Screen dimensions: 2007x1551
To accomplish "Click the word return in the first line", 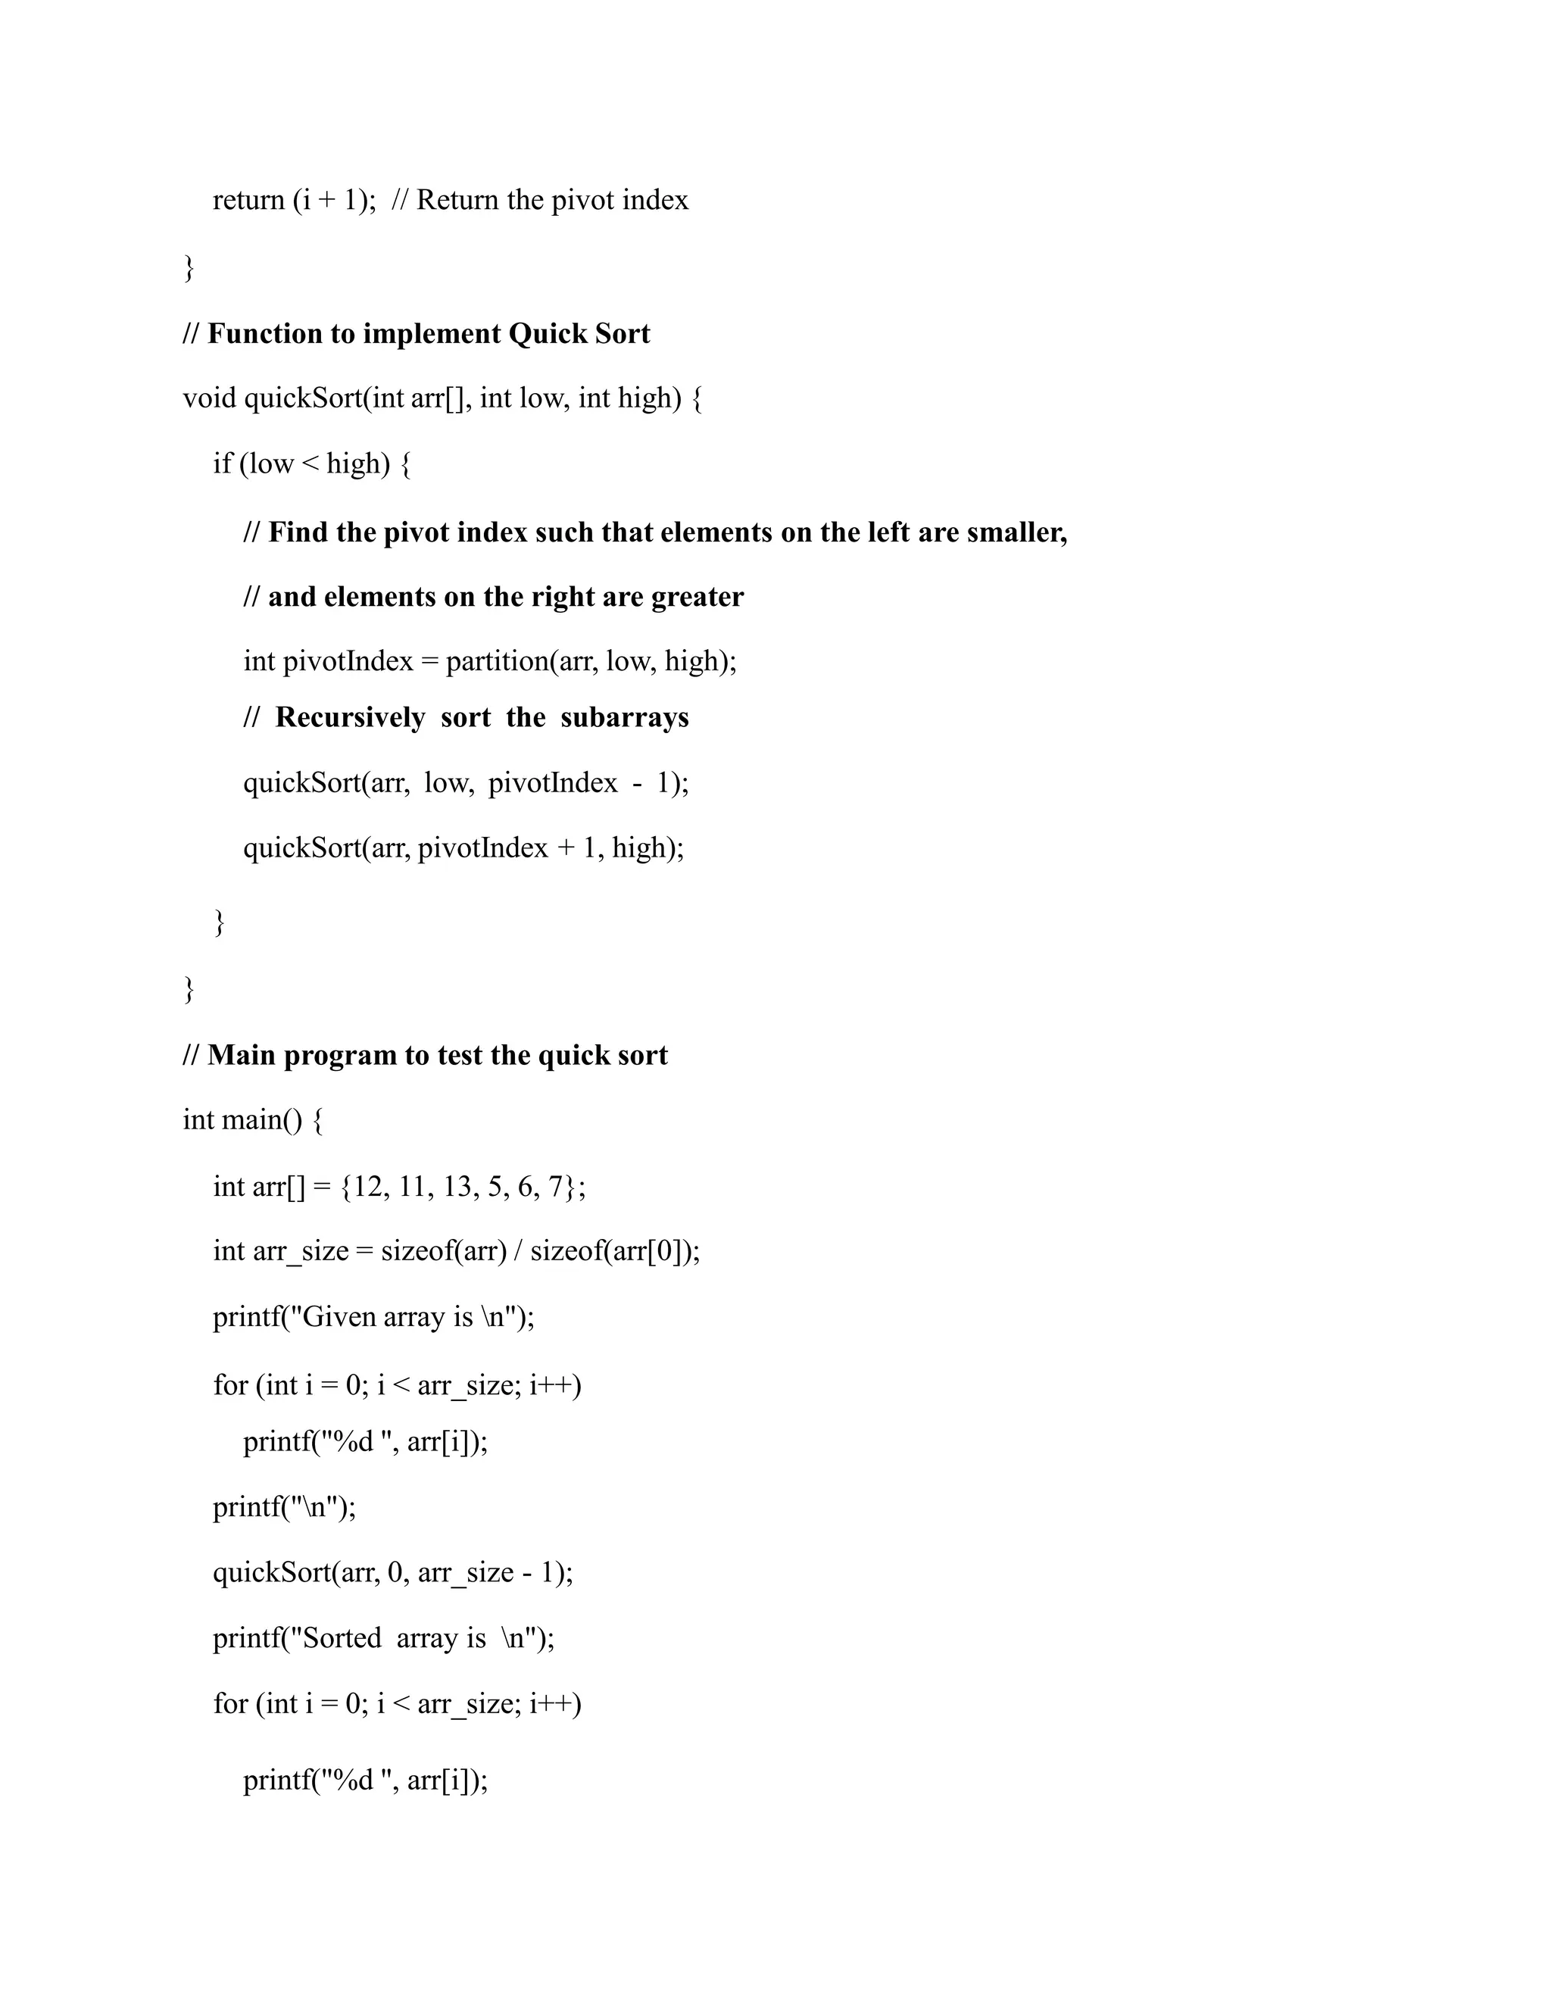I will coord(248,201).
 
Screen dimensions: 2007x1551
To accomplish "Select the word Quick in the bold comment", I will coord(547,333).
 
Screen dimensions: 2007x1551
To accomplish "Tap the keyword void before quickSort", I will coord(210,399).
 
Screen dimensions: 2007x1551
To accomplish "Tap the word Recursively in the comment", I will coord(350,718).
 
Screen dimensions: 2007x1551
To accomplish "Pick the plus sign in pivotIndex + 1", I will coord(565,848).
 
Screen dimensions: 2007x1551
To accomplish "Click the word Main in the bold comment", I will coord(242,1056).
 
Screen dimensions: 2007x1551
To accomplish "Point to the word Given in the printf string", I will coord(339,1318).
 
